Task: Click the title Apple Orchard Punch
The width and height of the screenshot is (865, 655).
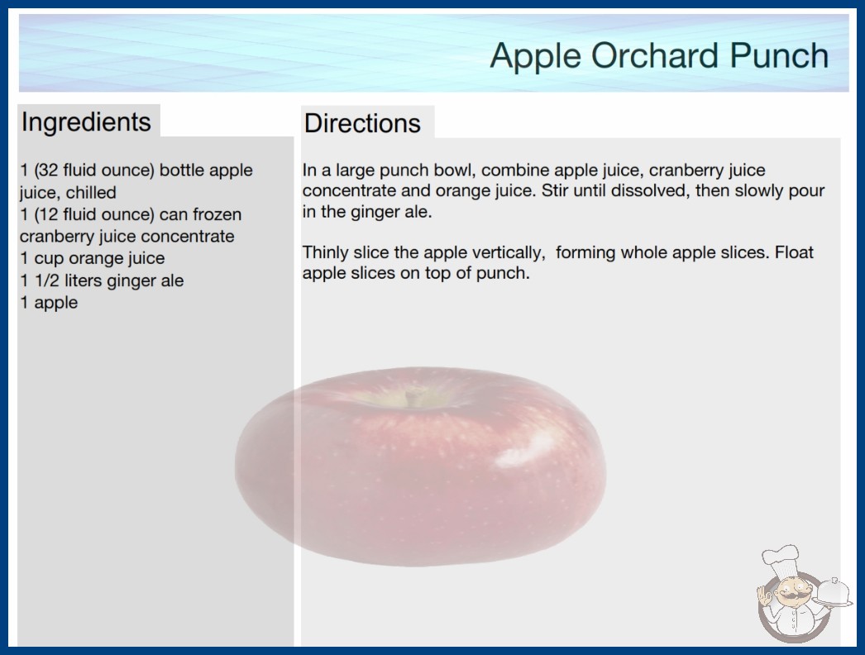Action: point(659,56)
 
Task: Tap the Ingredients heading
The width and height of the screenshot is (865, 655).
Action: point(86,122)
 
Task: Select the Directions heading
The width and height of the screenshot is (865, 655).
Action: point(362,123)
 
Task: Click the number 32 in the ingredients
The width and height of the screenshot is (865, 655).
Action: point(48,170)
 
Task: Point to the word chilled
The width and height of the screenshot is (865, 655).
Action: point(91,193)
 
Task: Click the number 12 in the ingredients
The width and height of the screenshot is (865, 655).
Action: point(48,214)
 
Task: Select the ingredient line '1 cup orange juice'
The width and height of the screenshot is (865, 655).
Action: point(92,258)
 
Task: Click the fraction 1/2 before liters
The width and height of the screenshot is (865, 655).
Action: point(47,280)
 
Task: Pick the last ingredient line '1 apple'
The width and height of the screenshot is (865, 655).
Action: point(49,303)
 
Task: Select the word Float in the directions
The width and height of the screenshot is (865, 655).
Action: point(794,252)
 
